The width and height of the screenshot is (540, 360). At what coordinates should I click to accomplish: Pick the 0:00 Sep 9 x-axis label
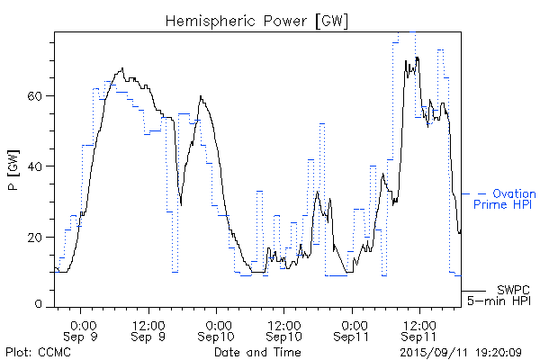tap(83, 329)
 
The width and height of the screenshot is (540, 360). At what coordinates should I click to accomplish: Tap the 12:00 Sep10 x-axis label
tap(284, 329)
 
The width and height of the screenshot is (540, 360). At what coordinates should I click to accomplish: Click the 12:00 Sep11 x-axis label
tap(419, 329)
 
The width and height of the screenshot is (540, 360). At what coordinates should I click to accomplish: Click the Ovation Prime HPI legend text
tap(504, 199)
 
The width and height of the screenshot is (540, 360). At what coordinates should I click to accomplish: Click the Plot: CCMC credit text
tap(35, 351)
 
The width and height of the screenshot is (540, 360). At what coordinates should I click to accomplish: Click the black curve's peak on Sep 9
tap(122, 67)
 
